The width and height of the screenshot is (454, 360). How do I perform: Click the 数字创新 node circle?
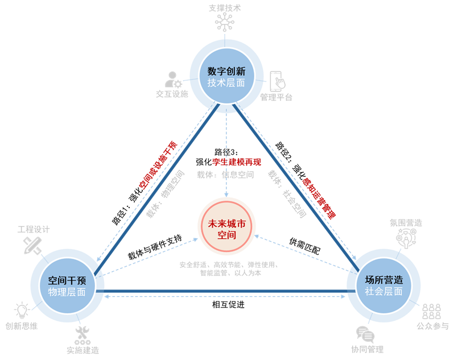click(x=226, y=77)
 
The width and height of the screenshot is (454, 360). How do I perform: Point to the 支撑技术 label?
click(x=226, y=7)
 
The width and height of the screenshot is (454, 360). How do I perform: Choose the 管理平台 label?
click(x=276, y=97)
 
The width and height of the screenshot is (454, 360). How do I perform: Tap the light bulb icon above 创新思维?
click(x=22, y=311)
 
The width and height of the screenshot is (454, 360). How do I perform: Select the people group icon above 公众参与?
click(x=431, y=311)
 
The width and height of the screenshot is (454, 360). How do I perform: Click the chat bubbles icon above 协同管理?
click(x=365, y=334)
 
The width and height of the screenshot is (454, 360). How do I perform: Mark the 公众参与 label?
click(x=432, y=326)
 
